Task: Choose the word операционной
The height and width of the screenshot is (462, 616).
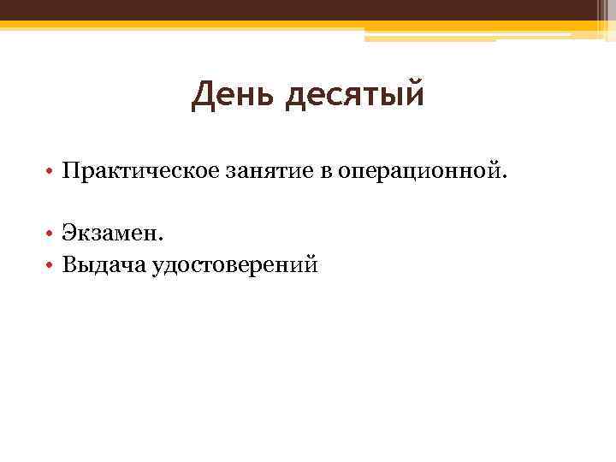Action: coord(418,173)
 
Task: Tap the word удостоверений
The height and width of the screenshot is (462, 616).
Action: coord(234,266)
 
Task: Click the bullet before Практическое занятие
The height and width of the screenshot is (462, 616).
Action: coord(51,174)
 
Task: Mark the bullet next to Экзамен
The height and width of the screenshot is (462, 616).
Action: coord(51,233)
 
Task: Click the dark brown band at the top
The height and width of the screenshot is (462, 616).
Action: coord(308,10)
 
